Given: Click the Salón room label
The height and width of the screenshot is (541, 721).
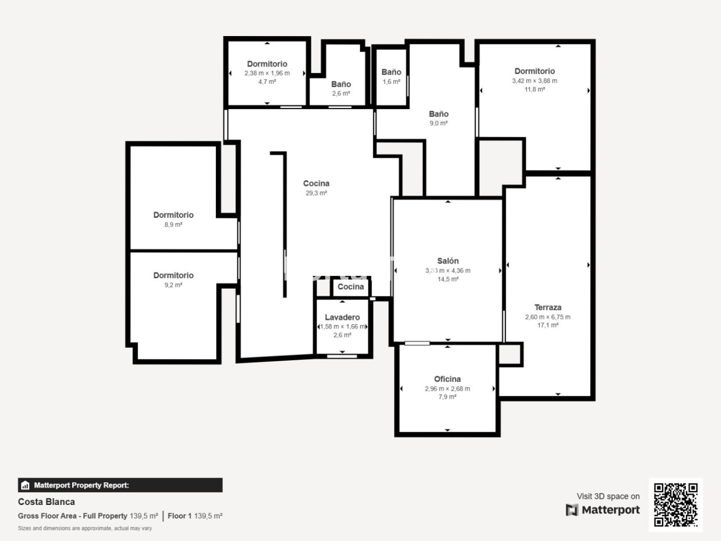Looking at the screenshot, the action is tap(448, 261).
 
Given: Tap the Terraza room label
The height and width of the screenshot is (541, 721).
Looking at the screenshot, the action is tap(548, 308).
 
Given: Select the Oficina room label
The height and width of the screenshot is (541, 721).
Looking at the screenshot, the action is tap(448, 379).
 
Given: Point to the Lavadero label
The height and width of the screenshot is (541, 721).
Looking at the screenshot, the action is tap(342, 317).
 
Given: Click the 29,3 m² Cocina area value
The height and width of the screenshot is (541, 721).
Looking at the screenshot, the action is tap(316, 193).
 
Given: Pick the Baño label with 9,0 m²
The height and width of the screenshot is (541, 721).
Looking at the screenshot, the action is tap(439, 114).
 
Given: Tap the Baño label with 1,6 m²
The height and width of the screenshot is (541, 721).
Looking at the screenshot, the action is tap(391, 72).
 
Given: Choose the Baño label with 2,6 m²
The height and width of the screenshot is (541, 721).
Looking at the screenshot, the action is tap(341, 85).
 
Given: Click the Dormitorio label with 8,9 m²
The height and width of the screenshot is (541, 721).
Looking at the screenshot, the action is tap(173, 215).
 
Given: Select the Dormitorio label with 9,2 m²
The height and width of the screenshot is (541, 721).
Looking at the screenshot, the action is tap(173, 276).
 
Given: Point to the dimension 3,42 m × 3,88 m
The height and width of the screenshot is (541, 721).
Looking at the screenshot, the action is tap(535, 81).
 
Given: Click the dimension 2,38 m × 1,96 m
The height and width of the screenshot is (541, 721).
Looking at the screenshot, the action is tap(267, 73).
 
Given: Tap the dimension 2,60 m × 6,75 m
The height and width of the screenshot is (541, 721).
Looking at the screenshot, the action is tap(548, 317).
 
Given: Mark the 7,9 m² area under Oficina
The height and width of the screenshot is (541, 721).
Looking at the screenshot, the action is tap(448, 397).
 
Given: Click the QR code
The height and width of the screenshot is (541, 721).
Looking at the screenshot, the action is tap(675, 504).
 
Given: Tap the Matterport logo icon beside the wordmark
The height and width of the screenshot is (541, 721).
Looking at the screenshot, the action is tap(572, 510).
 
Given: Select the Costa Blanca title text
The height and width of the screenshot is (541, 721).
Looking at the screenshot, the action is tap(47, 502).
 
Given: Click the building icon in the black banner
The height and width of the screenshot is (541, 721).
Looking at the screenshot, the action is tap(26, 485).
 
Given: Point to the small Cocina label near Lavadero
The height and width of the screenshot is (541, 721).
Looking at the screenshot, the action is tap(351, 287).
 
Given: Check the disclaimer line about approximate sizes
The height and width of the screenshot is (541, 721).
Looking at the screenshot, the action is tap(85, 528).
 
